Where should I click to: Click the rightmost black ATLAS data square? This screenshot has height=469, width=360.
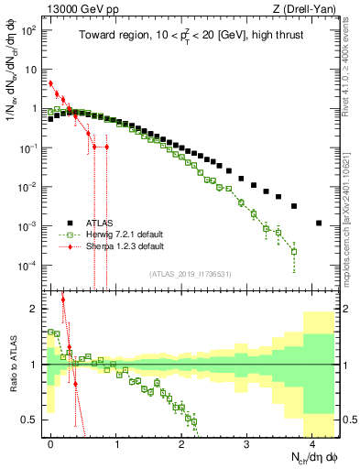(x=318, y=223)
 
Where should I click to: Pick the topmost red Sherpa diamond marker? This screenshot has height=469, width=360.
(x=51, y=83)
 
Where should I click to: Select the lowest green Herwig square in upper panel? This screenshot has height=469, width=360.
(x=294, y=251)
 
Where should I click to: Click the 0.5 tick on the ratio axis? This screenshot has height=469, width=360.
(x=33, y=420)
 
